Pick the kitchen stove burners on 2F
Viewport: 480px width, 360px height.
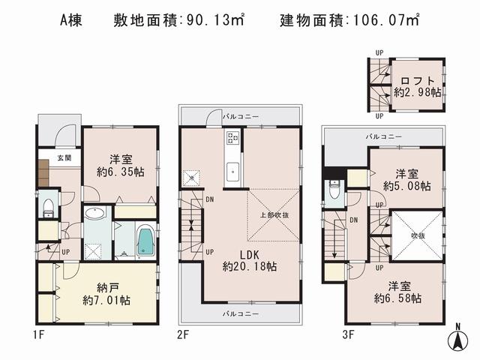click(x=232, y=139)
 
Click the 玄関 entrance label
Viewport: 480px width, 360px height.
click(x=63, y=158)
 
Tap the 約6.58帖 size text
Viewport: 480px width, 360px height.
click(x=397, y=298)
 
